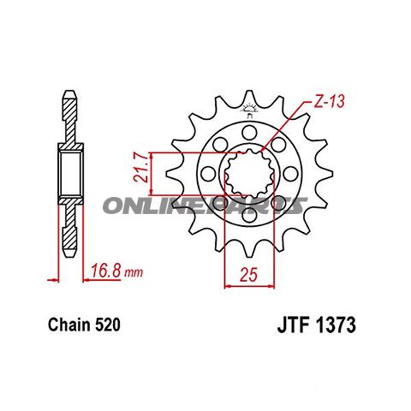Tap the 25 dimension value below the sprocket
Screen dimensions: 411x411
tap(248, 275)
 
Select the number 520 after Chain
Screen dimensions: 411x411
tap(106, 326)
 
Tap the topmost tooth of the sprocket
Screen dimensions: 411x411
tap(248, 95)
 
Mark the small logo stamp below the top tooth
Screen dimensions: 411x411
tap(249, 110)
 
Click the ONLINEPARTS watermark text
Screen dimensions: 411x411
tap(205, 205)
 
